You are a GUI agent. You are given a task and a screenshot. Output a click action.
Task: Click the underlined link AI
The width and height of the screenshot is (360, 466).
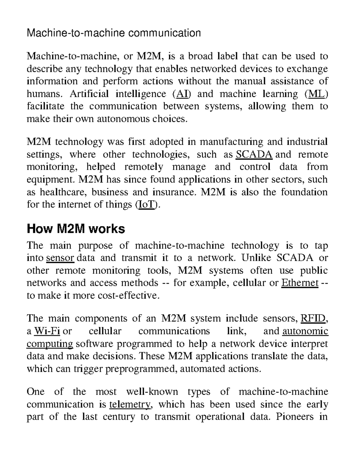tap(182, 94)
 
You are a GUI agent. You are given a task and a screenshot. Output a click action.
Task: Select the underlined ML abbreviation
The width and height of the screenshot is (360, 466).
tap(316, 94)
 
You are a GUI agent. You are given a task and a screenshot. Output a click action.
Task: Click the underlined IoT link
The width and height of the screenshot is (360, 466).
tap(145, 205)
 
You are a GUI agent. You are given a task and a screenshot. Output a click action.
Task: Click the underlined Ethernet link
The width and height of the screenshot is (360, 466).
tap(300, 283)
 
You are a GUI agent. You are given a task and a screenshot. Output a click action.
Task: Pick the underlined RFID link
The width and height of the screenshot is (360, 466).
tap(313, 318)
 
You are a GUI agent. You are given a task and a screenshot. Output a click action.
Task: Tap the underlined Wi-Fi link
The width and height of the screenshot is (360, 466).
tap(47, 331)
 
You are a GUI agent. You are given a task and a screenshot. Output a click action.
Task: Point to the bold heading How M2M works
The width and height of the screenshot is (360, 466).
tap(76, 229)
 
